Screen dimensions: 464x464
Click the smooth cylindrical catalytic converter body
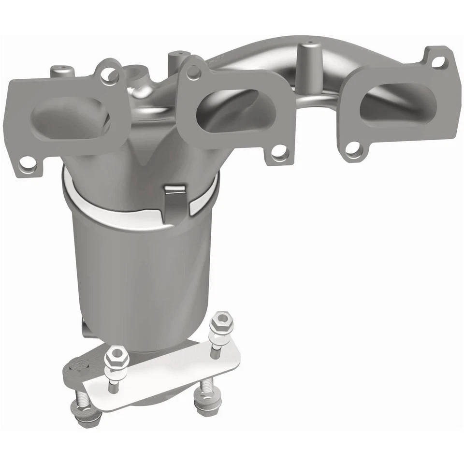(140, 271)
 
